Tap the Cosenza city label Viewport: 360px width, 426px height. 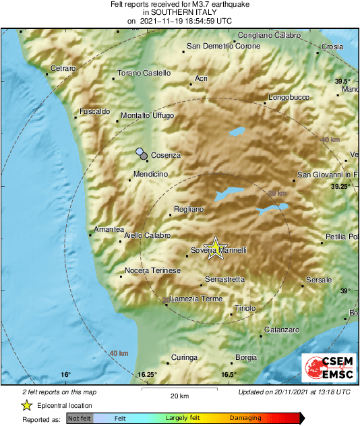click(166, 156)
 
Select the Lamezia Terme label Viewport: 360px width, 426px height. click(196, 299)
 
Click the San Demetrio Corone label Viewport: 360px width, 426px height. click(222, 47)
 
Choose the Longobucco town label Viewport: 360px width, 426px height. click(289, 98)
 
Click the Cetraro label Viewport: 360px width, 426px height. click(63, 69)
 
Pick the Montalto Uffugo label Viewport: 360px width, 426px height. click(148, 116)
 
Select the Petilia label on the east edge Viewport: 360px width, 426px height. click(341, 237)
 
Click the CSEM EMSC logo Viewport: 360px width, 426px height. click(327, 368)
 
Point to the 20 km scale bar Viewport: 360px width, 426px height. click(179, 390)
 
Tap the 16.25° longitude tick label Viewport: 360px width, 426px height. click(147, 375)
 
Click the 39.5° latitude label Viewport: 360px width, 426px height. click(344, 81)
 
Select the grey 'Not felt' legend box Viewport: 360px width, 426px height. click(80, 419)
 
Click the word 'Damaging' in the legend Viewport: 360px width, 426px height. click(246, 419)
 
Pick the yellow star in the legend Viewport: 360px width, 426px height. click(27, 406)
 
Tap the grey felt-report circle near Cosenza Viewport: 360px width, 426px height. click(144, 156)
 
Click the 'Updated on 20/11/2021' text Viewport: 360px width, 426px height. click(294, 392)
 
